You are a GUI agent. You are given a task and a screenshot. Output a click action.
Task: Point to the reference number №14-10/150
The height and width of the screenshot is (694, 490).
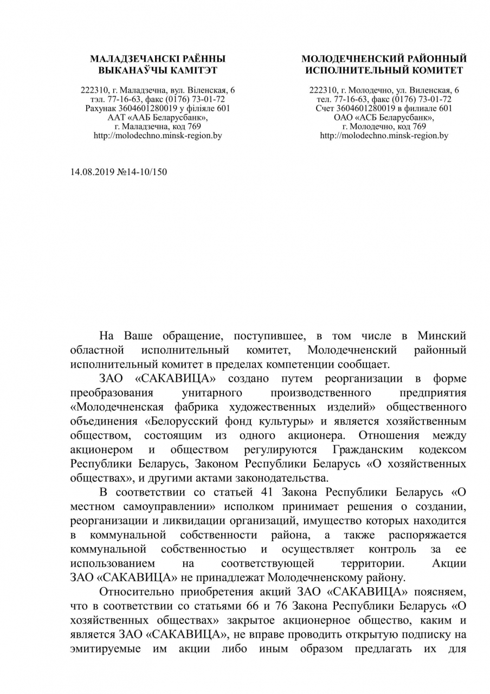pyautogui.click(x=142, y=172)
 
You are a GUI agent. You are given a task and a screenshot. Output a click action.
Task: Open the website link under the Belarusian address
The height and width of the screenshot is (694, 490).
pyautogui.click(x=158, y=136)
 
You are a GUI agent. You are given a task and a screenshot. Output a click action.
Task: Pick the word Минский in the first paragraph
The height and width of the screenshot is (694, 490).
pyautogui.click(x=442, y=336)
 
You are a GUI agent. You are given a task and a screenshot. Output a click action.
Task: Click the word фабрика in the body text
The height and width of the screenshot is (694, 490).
pyautogui.click(x=204, y=407)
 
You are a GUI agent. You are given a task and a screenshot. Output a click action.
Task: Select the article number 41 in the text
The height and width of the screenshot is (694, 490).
pyautogui.click(x=281, y=492)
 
